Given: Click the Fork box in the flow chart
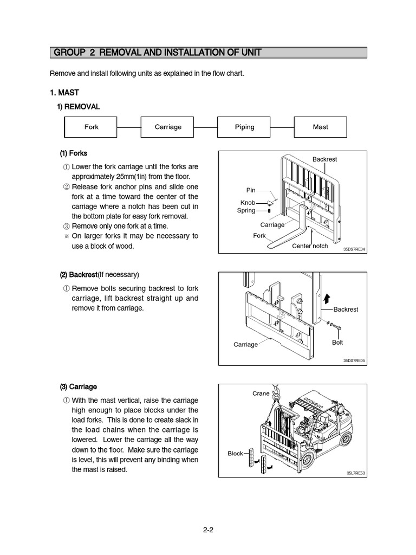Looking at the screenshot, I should pyautogui.click(x=92, y=127).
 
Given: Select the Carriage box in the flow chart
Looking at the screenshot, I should pyautogui.click(x=168, y=127).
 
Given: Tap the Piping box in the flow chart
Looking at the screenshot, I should pyautogui.click(x=244, y=127).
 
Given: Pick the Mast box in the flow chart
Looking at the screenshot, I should pyautogui.click(x=320, y=127).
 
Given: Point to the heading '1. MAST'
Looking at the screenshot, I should pyautogui.click(x=64, y=93).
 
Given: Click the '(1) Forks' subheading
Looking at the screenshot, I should pyautogui.click(x=73, y=153).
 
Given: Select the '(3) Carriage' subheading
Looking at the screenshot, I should pyautogui.click(x=78, y=386).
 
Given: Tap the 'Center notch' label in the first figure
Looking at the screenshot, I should pyautogui.click(x=310, y=246).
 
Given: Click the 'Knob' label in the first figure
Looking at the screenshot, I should pyautogui.click(x=248, y=202).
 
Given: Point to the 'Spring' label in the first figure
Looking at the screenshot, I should pyautogui.click(x=246, y=210).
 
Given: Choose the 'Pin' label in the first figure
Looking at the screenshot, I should pyautogui.click(x=250, y=190).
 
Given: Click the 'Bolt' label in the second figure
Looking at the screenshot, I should pyautogui.click(x=337, y=343).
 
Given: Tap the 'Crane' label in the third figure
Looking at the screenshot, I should pyautogui.click(x=261, y=393).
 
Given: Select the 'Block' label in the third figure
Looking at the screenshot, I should pyautogui.click(x=235, y=453).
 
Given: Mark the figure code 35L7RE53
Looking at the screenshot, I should pyautogui.click(x=356, y=473).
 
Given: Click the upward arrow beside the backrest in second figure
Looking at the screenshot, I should pyautogui.click(x=326, y=298).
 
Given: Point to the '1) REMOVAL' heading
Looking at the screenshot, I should pyautogui.click(x=79, y=107).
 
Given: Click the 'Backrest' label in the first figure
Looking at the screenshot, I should pyautogui.click(x=324, y=159).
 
